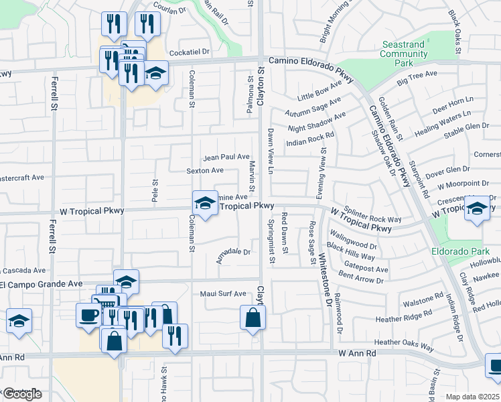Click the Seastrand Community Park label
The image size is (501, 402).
coord(403,54)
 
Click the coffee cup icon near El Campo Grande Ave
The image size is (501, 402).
coord(88,315)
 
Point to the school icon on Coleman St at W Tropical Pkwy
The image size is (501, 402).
coord(205,203)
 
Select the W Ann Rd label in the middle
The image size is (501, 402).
coord(355,352)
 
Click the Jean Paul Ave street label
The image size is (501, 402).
coord(226,156)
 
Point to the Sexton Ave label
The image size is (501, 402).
coord(205,171)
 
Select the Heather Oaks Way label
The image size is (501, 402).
coord(401,342)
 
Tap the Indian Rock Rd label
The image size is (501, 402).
coord(309,139)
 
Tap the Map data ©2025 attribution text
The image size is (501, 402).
coord(473,397)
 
